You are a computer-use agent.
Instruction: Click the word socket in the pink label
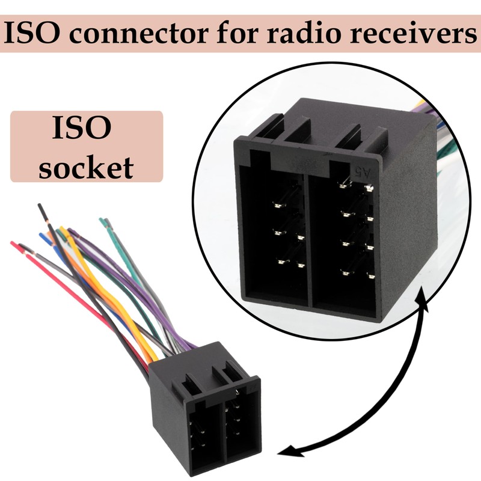click(86, 168)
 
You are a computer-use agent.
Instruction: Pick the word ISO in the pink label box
click(82, 127)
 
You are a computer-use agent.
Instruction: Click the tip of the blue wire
click(41, 235)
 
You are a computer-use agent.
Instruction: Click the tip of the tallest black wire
click(39, 205)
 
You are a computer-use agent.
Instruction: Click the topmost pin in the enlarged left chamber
click(278, 205)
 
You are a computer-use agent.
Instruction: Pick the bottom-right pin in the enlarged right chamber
click(370, 277)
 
